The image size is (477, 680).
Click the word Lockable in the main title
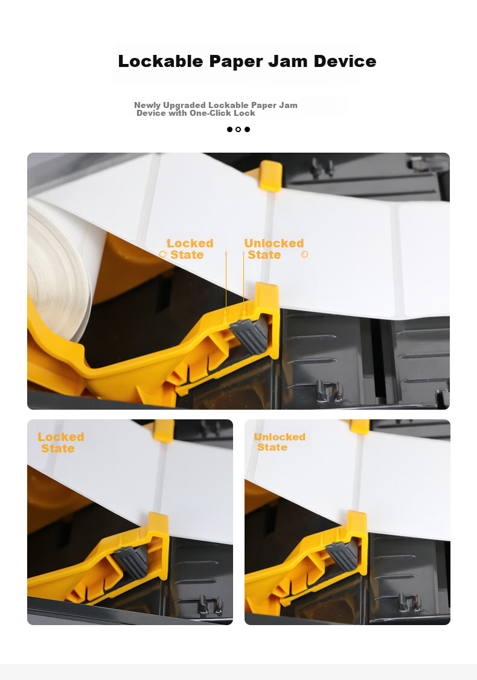[x=161, y=61]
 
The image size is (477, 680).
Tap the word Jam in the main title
[x=287, y=61]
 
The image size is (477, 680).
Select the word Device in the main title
[x=345, y=61]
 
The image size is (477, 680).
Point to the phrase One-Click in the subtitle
[x=210, y=113]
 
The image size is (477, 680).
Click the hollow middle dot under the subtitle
[x=238, y=129]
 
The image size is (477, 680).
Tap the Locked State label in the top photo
[x=190, y=249]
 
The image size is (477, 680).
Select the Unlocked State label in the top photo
[x=274, y=249]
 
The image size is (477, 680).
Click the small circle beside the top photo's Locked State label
[x=163, y=254]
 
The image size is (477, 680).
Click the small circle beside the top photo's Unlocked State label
[x=305, y=254]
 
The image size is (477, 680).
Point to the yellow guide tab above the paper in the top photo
[x=270, y=176]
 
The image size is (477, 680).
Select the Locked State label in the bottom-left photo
[x=60, y=442]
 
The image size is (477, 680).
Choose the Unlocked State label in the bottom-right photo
[x=280, y=442]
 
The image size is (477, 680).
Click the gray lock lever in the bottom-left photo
[x=132, y=562]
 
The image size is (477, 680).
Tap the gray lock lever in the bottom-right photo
[x=343, y=556]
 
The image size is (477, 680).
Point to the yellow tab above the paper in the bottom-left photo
[x=164, y=430]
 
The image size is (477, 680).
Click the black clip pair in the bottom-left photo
[x=211, y=605]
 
